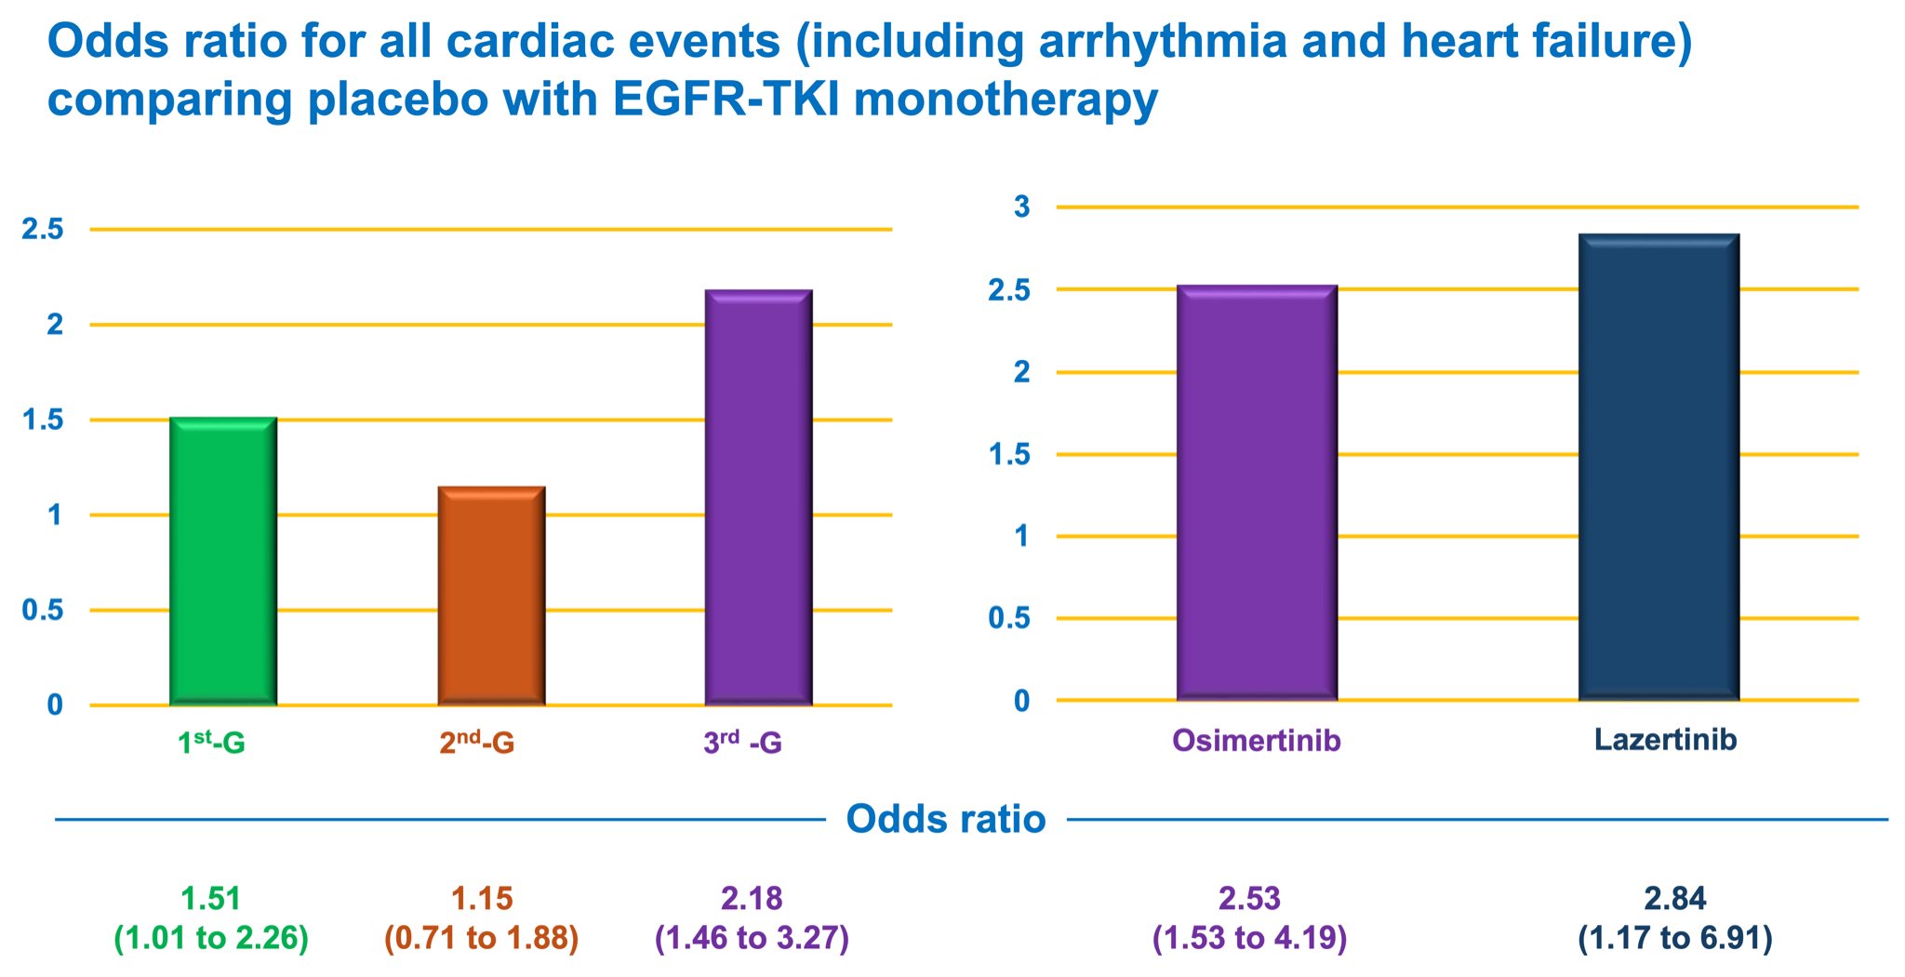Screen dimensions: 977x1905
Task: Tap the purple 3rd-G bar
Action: (x=758, y=497)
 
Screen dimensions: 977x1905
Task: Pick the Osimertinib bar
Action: (x=1257, y=492)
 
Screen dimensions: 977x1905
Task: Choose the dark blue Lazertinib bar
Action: (x=1659, y=466)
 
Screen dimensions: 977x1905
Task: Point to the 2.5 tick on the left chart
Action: (x=43, y=230)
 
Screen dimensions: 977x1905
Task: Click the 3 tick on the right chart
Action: (x=1022, y=207)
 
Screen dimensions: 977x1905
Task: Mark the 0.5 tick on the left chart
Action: (x=43, y=610)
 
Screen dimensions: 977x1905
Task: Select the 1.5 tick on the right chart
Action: (x=1009, y=455)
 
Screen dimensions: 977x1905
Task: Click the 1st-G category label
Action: (x=211, y=743)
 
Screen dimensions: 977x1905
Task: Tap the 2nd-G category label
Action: (x=477, y=743)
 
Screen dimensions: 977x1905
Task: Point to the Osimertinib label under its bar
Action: (x=1257, y=740)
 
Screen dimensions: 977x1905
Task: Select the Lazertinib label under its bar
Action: (x=1665, y=740)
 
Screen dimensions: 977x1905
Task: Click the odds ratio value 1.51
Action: (x=211, y=899)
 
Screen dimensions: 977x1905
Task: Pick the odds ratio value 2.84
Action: (x=1675, y=899)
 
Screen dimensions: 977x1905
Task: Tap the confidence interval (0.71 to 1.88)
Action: (x=482, y=938)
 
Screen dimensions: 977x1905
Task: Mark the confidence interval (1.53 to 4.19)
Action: (x=1249, y=938)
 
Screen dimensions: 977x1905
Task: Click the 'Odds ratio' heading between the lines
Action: (x=946, y=820)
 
